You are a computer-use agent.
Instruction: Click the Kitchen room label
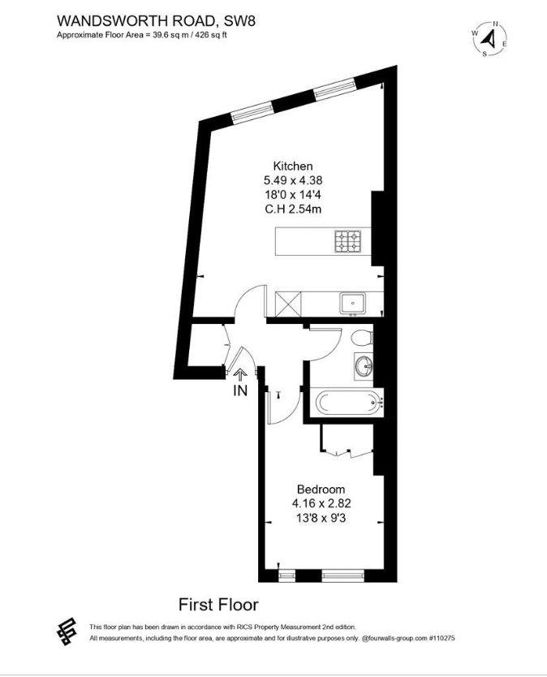point(293,166)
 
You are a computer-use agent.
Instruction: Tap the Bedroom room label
point(321,489)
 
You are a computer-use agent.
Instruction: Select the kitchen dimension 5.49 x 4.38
point(293,180)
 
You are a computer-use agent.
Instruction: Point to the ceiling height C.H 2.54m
point(293,209)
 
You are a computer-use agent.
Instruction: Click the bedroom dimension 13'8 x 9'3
point(321,518)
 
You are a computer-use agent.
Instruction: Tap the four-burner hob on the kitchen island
point(347,241)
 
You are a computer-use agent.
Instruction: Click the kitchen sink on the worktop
point(352,304)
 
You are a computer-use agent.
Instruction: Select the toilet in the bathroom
point(362,337)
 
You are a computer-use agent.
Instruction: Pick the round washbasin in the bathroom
point(364,367)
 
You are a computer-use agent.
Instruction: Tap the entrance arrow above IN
point(240,374)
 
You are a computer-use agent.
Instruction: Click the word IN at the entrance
point(240,390)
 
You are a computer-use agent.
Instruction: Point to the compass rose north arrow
point(489,39)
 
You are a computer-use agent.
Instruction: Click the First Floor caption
point(218,605)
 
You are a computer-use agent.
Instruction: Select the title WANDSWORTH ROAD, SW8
point(156,21)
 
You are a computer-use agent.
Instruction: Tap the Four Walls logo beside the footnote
point(67,632)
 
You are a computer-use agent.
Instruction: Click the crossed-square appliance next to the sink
point(288,304)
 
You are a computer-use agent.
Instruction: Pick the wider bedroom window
point(343,574)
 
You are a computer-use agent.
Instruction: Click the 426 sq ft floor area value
point(211,36)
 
